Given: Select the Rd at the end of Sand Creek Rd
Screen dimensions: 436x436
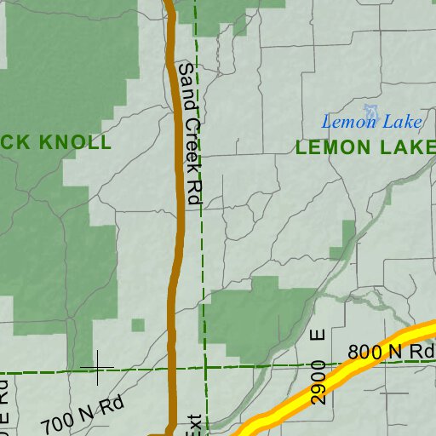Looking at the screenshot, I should point(192,189).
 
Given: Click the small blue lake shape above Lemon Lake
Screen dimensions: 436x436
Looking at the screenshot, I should point(371,111).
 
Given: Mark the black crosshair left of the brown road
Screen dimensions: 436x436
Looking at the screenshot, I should point(97,368).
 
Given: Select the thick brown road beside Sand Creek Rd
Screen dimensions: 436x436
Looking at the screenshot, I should point(177,255).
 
